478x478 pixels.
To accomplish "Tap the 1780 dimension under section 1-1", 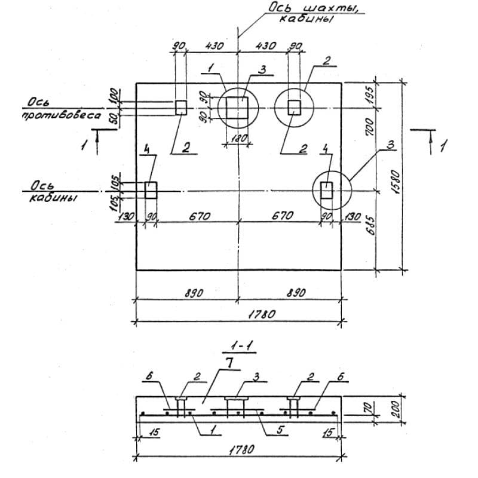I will pos(240,453).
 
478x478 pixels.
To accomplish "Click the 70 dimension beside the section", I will pos(369,407).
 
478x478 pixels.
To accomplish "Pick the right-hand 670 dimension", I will pos(281,216).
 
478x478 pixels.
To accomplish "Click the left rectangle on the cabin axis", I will pos(151,191).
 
